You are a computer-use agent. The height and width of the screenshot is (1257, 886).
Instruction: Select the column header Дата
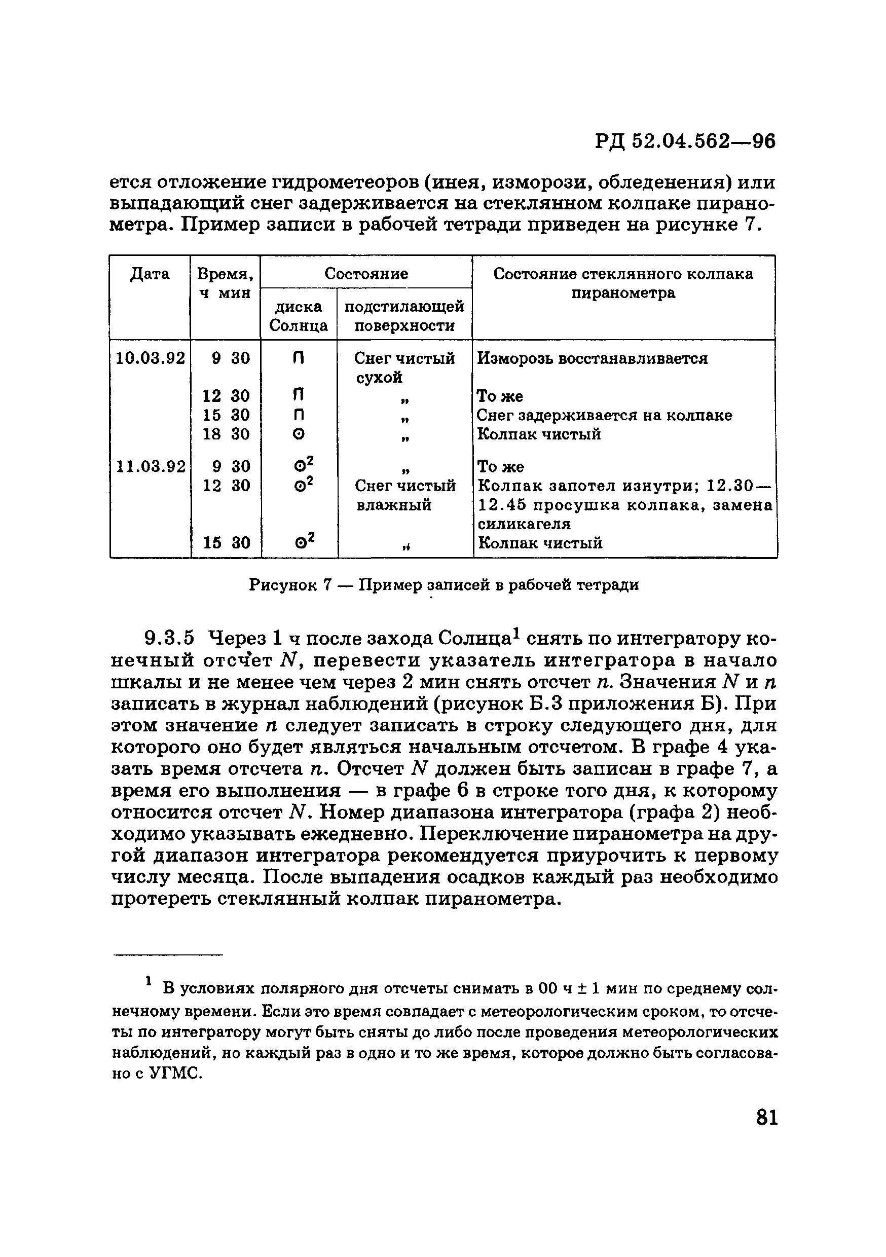[150, 274]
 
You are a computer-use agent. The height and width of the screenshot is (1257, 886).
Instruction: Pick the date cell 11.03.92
[151, 466]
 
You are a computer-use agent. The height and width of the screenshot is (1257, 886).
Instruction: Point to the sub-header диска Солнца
[299, 316]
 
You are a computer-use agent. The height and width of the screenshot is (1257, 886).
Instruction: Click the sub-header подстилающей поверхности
[404, 316]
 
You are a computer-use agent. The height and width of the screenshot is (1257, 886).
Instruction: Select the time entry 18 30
[226, 434]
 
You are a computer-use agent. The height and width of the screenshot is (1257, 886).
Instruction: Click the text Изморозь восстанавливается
[593, 358]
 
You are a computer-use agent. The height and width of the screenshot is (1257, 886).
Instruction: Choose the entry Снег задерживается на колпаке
[604, 415]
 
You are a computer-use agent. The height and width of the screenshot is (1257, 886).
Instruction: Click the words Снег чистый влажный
[405, 495]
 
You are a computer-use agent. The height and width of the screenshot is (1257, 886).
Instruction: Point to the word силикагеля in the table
[524, 524]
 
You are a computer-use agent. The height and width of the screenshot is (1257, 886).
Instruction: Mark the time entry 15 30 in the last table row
[226, 542]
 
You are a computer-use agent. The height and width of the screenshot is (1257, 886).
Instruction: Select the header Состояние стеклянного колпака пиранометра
[623, 283]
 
